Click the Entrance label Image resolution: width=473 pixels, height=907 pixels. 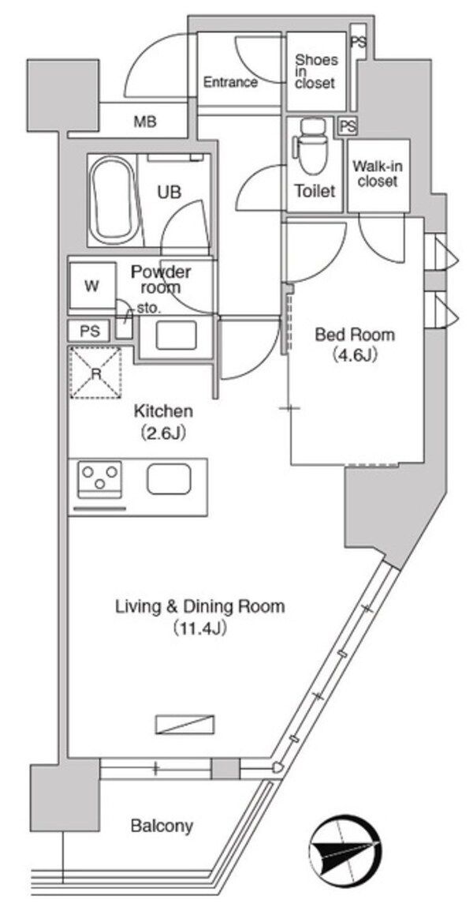tap(230, 82)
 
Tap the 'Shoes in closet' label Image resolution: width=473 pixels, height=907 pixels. tap(315, 71)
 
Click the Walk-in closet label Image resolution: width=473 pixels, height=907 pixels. tap(375, 174)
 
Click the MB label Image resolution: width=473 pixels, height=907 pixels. tap(144, 122)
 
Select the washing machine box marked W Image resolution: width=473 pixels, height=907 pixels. tap(91, 287)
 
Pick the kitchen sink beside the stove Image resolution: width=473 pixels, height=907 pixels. tap(168, 479)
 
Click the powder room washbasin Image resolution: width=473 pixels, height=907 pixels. tap(176, 335)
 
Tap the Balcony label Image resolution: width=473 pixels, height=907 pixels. tap(162, 826)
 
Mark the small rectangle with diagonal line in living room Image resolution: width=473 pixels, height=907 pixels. tap(184, 725)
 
